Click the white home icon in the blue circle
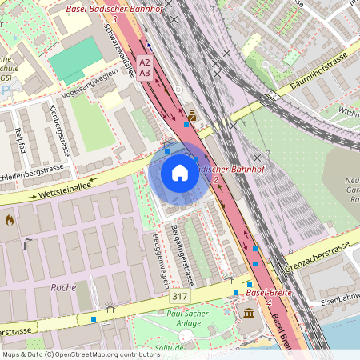[180, 173]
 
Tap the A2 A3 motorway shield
[144, 67]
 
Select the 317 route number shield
[180, 297]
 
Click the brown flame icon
[10, 218]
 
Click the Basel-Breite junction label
[267, 293]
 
